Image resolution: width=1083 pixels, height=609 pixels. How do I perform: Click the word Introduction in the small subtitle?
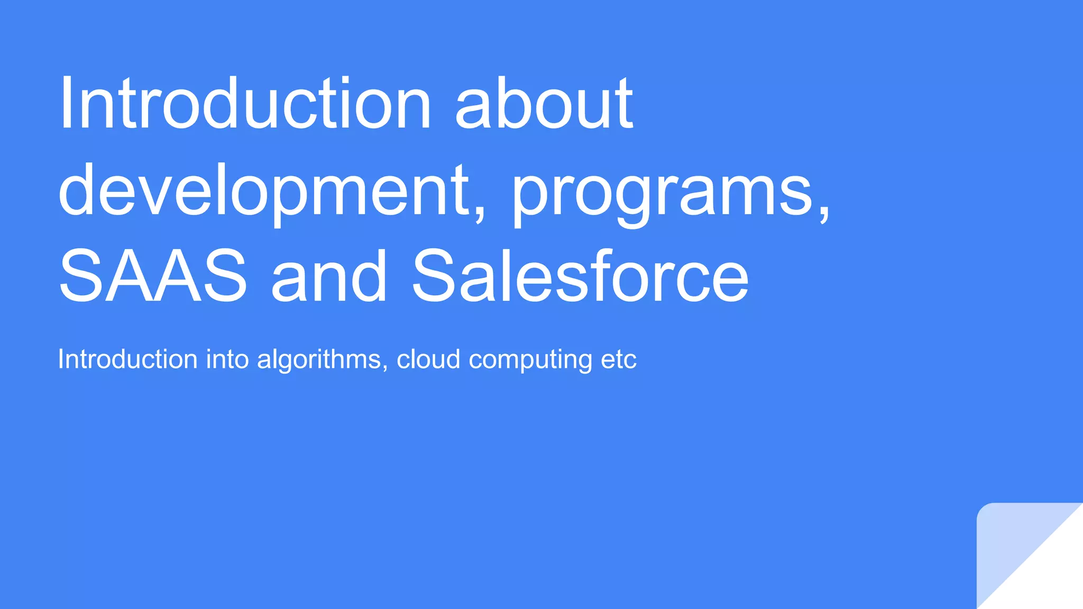tap(127, 359)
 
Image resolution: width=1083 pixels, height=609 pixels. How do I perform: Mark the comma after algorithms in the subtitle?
tap(385, 367)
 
